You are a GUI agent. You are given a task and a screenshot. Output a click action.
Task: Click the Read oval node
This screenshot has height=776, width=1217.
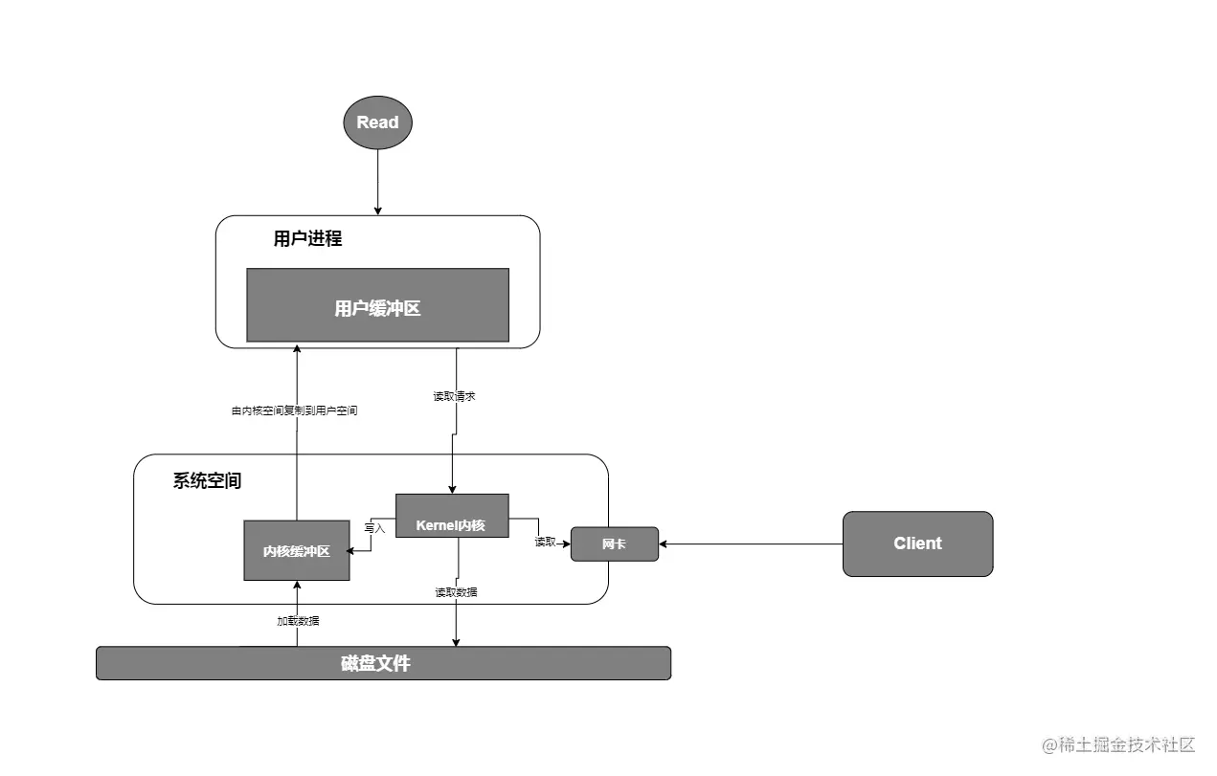pos(377,122)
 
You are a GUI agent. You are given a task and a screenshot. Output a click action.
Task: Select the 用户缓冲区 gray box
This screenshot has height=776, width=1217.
pos(377,305)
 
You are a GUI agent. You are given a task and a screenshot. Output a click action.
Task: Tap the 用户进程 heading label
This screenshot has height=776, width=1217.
pos(307,238)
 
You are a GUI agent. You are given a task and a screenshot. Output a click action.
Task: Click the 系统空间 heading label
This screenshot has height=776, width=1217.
pos(207,480)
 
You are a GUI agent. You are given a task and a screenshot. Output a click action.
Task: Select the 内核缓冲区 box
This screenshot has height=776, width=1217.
pos(297,550)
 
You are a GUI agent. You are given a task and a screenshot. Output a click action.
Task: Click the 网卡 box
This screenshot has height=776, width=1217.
pos(615,543)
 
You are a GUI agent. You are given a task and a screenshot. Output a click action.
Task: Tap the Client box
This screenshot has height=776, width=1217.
pos(917,543)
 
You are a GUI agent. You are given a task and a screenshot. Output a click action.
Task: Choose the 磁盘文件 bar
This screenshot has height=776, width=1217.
pos(383,663)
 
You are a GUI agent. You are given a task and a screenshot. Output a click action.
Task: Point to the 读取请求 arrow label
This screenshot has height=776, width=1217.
pos(454,396)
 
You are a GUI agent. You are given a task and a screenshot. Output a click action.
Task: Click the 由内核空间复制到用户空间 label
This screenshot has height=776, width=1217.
pos(295,410)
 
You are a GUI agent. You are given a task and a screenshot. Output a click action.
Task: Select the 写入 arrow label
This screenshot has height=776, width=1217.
pos(374,527)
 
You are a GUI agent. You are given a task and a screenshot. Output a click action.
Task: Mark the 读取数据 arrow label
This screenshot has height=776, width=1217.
pos(456,592)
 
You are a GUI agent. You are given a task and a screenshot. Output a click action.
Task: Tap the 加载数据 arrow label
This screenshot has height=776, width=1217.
pos(298,621)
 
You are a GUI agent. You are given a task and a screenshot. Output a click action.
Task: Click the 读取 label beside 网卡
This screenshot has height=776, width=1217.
pos(545,543)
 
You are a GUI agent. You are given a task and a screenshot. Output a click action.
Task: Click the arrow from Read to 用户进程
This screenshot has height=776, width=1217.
pos(378,182)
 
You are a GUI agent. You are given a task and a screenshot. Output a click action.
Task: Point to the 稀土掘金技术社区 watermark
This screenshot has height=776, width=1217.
pos(1118,744)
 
